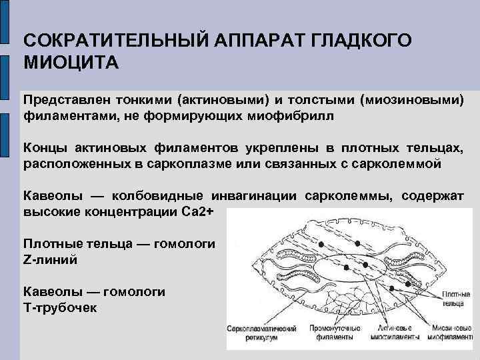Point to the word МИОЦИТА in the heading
(71, 63)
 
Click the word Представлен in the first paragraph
(61, 99)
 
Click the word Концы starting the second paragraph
(45, 147)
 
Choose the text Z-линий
(50, 259)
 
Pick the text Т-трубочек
(60, 307)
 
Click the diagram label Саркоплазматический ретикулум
(265, 333)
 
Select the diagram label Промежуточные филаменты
(331, 333)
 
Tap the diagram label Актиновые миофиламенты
(387, 333)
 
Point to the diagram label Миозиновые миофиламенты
(443, 333)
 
